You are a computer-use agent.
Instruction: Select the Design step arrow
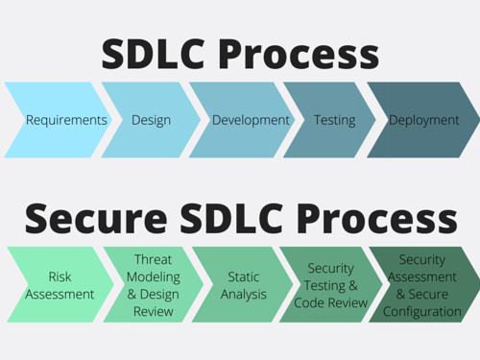click(x=150, y=120)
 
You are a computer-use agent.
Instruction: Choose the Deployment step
click(x=422, y=120)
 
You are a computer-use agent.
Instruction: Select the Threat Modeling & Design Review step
click(x=154, y=285)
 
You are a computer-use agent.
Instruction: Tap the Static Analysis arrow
click(x=244, y=285)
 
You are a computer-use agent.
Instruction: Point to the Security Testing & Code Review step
click(x=331, y=285)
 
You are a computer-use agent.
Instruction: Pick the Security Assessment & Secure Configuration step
click(x=422, y=285)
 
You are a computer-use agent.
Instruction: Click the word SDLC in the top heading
click(x=165, y=54)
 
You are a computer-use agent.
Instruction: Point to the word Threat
click(x=154, y=260)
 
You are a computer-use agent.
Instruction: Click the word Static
click(x=244, y=277)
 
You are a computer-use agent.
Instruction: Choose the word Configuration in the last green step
click(x=422, y=311)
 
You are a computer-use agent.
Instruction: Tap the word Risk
click(x=60, y=277)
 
